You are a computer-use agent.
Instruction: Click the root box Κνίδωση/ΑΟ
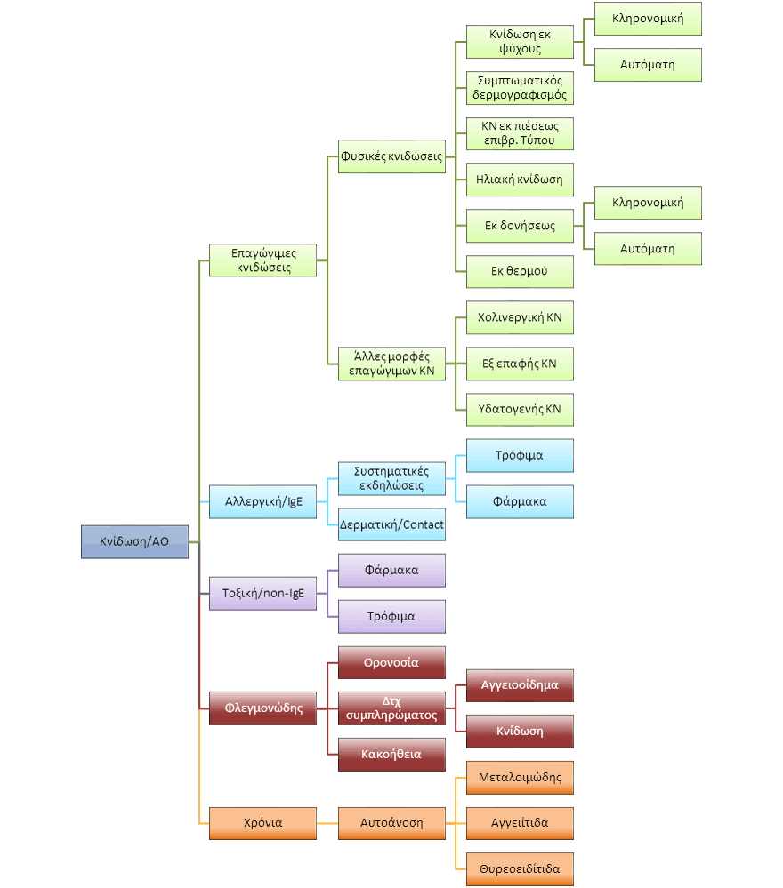click(x=134, y=541)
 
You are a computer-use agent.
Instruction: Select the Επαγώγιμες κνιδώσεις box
click(x=262, y=260)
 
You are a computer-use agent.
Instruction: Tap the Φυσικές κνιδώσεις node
click(x=391, y=156)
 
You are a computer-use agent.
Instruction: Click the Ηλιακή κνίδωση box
click(x=520, y=180)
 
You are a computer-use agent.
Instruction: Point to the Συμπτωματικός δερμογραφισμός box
click(x=520, y=88)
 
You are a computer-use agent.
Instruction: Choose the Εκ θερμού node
click(x=520, y=271)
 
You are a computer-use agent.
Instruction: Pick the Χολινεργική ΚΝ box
click(x=520, y=317)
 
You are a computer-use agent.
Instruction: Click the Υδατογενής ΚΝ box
click(x=520, y=410)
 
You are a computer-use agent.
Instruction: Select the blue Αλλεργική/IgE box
click(x=262, y=501)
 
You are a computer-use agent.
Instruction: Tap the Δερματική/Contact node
click(x=391, y=524)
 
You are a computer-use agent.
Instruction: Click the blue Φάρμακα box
click(x=520, y=501)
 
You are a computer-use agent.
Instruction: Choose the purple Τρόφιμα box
click(x=391, y=616)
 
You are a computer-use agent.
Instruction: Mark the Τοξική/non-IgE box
click(x=262, y=593)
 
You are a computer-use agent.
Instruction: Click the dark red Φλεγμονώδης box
click(x=262, y=708)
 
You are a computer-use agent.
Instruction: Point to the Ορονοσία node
click(x=391, y=662)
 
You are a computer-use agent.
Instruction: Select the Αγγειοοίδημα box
click(x=520, y=685)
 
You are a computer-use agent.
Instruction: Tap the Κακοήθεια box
click(x=391, y=755)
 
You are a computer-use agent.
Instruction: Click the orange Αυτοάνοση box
click(x=391, y=822)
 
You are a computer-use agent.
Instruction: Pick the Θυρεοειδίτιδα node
click(x=520, y=868)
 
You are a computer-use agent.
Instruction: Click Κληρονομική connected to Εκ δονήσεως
click(x=648, y=203)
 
